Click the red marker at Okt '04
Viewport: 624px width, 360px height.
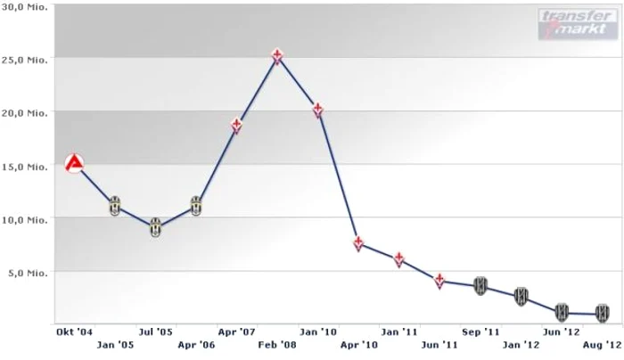[x=75, y=163]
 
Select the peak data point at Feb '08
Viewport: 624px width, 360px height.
[x=277, y=57]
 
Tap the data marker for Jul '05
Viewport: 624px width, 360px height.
[x=155, y=226]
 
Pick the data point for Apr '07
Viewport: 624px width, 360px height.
[x=236, y=125]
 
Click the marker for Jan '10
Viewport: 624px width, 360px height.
[x=317, y=110]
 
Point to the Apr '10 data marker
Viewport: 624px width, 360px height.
[x=357, y=242]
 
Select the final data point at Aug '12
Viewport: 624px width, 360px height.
[x=603, y=313]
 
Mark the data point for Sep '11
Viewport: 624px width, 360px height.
[x=480, y=285]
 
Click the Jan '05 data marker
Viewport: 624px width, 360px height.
[x=115, y=206]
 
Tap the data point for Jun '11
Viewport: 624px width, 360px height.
[x=440, y=281]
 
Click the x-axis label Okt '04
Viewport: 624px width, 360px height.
[x=74, y=331]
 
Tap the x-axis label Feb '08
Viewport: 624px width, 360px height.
[x=277, y=343]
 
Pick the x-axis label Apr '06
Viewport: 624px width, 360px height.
[x=196, y=343]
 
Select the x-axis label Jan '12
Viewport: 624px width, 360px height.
[x=521, y=343]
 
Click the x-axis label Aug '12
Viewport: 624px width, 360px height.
[x=602, y=343]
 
